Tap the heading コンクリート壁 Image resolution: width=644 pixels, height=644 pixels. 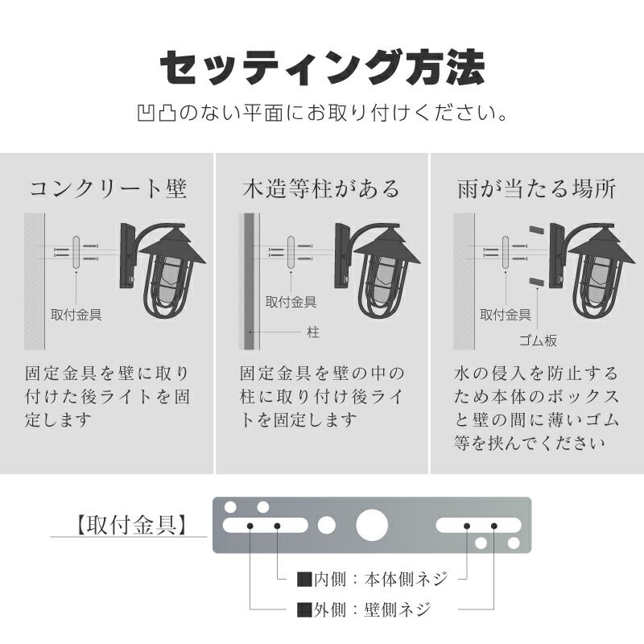[x=108, y=189]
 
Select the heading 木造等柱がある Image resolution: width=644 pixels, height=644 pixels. [x=321, y=189]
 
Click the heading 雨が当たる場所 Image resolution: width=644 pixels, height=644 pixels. [x=536, y=189]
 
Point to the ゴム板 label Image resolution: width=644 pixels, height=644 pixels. [x=539, y=341]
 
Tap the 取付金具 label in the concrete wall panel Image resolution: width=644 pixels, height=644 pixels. [x=76, y=314]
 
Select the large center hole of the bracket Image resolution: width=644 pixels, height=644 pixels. [x=372, y=525]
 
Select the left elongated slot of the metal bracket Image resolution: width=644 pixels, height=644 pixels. [x=264, y=526]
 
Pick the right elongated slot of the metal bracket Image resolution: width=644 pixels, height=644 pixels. [x=480, y=526]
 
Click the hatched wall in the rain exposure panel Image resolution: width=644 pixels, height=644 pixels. [x=463, y=281]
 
